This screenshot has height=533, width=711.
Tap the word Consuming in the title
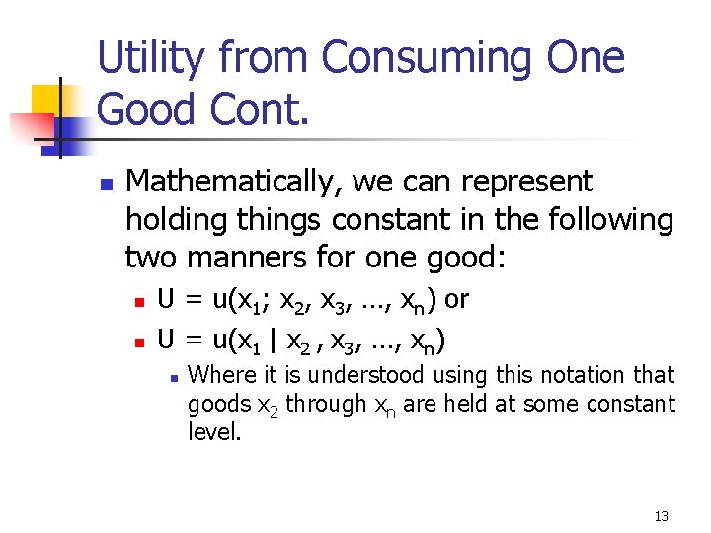pos(412,58)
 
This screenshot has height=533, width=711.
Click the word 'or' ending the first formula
pos(456,299)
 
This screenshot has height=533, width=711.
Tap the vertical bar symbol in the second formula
pos(274,341)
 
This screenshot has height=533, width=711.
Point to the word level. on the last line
pos(214,432)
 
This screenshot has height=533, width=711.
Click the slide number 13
pos(661,516)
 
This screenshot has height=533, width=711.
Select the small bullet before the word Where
pos(172,377)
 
